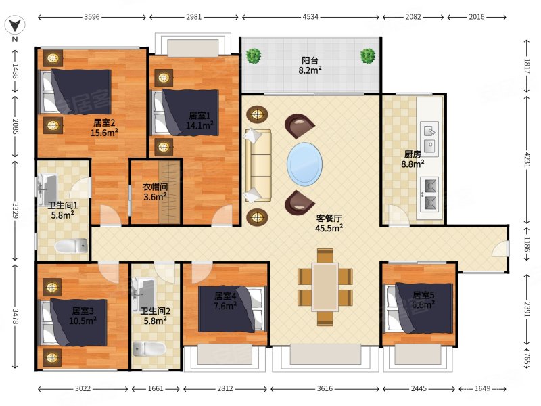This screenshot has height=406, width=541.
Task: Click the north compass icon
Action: click(15, 25)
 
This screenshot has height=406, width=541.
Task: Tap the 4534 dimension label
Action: click(310, 16)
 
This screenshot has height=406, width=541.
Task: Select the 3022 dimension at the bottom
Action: click(83, 388)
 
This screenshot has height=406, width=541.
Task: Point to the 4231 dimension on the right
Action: click(527, 160)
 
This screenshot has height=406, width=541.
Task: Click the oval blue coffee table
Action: click(305, 164)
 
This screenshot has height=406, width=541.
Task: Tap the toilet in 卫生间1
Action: click(72, 246)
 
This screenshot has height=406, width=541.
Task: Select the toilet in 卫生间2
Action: click(149, 348)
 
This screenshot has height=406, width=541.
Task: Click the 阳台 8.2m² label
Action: click(310, 66)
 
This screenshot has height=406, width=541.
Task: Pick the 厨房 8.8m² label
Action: click(413, 159)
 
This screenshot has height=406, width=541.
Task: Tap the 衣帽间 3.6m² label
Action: click(156, 192)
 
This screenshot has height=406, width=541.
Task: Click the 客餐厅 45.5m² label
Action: click(329, 223)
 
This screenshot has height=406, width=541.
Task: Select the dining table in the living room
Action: click(325, 287)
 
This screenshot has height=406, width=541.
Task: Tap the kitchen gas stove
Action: click(429, 195)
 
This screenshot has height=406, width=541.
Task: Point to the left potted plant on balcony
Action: click(254, 56)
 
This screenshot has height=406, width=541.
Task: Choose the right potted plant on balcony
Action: click(368, 56)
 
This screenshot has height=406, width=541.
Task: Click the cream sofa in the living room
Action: click(258, 165)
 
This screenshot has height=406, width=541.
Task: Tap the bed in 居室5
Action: click(419, 309)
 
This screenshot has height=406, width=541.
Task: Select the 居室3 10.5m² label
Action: click(83, 316)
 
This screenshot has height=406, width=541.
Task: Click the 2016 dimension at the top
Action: click(477, 16)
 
